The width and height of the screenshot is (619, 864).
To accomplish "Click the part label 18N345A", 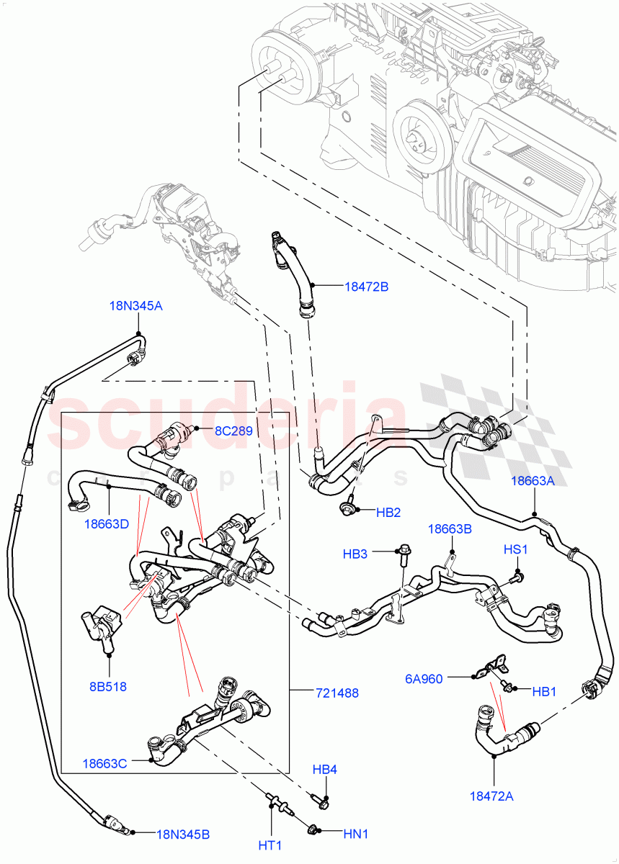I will pyautogui.click(x=135, y=306).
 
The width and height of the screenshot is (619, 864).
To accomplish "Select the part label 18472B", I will pyautogui.click(x=366, y=287).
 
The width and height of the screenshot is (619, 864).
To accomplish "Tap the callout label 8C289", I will pyautogui.click(x=233, y=431).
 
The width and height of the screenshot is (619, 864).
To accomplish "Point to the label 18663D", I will pyautogui.click(x=106, y=523).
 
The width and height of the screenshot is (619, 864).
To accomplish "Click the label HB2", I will pyautogui.click(x=388, y=513).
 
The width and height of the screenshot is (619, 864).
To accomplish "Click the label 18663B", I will pyautogui.click(x=450, y=528).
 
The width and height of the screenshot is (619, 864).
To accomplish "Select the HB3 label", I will pyautogui.click(x=356, y=554).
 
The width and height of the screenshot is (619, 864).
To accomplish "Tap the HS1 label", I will pyautogui.click(x=516, y=549).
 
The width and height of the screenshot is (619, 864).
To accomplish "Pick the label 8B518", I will pyautogui.click(x=108, y=686).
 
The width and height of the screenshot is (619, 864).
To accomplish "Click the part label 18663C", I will pyautogui.click(x=105, y=763).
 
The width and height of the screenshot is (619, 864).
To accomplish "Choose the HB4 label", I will pyautogui.click(x=324, y=770).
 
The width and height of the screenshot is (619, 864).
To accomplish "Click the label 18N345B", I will pyautogui.click(x=184, y=834).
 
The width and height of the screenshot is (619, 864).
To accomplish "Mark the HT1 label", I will pyautogui.click(x=270, y=843).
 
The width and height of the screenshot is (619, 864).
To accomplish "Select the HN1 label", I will pyautogui.click(x=355, y=834).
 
